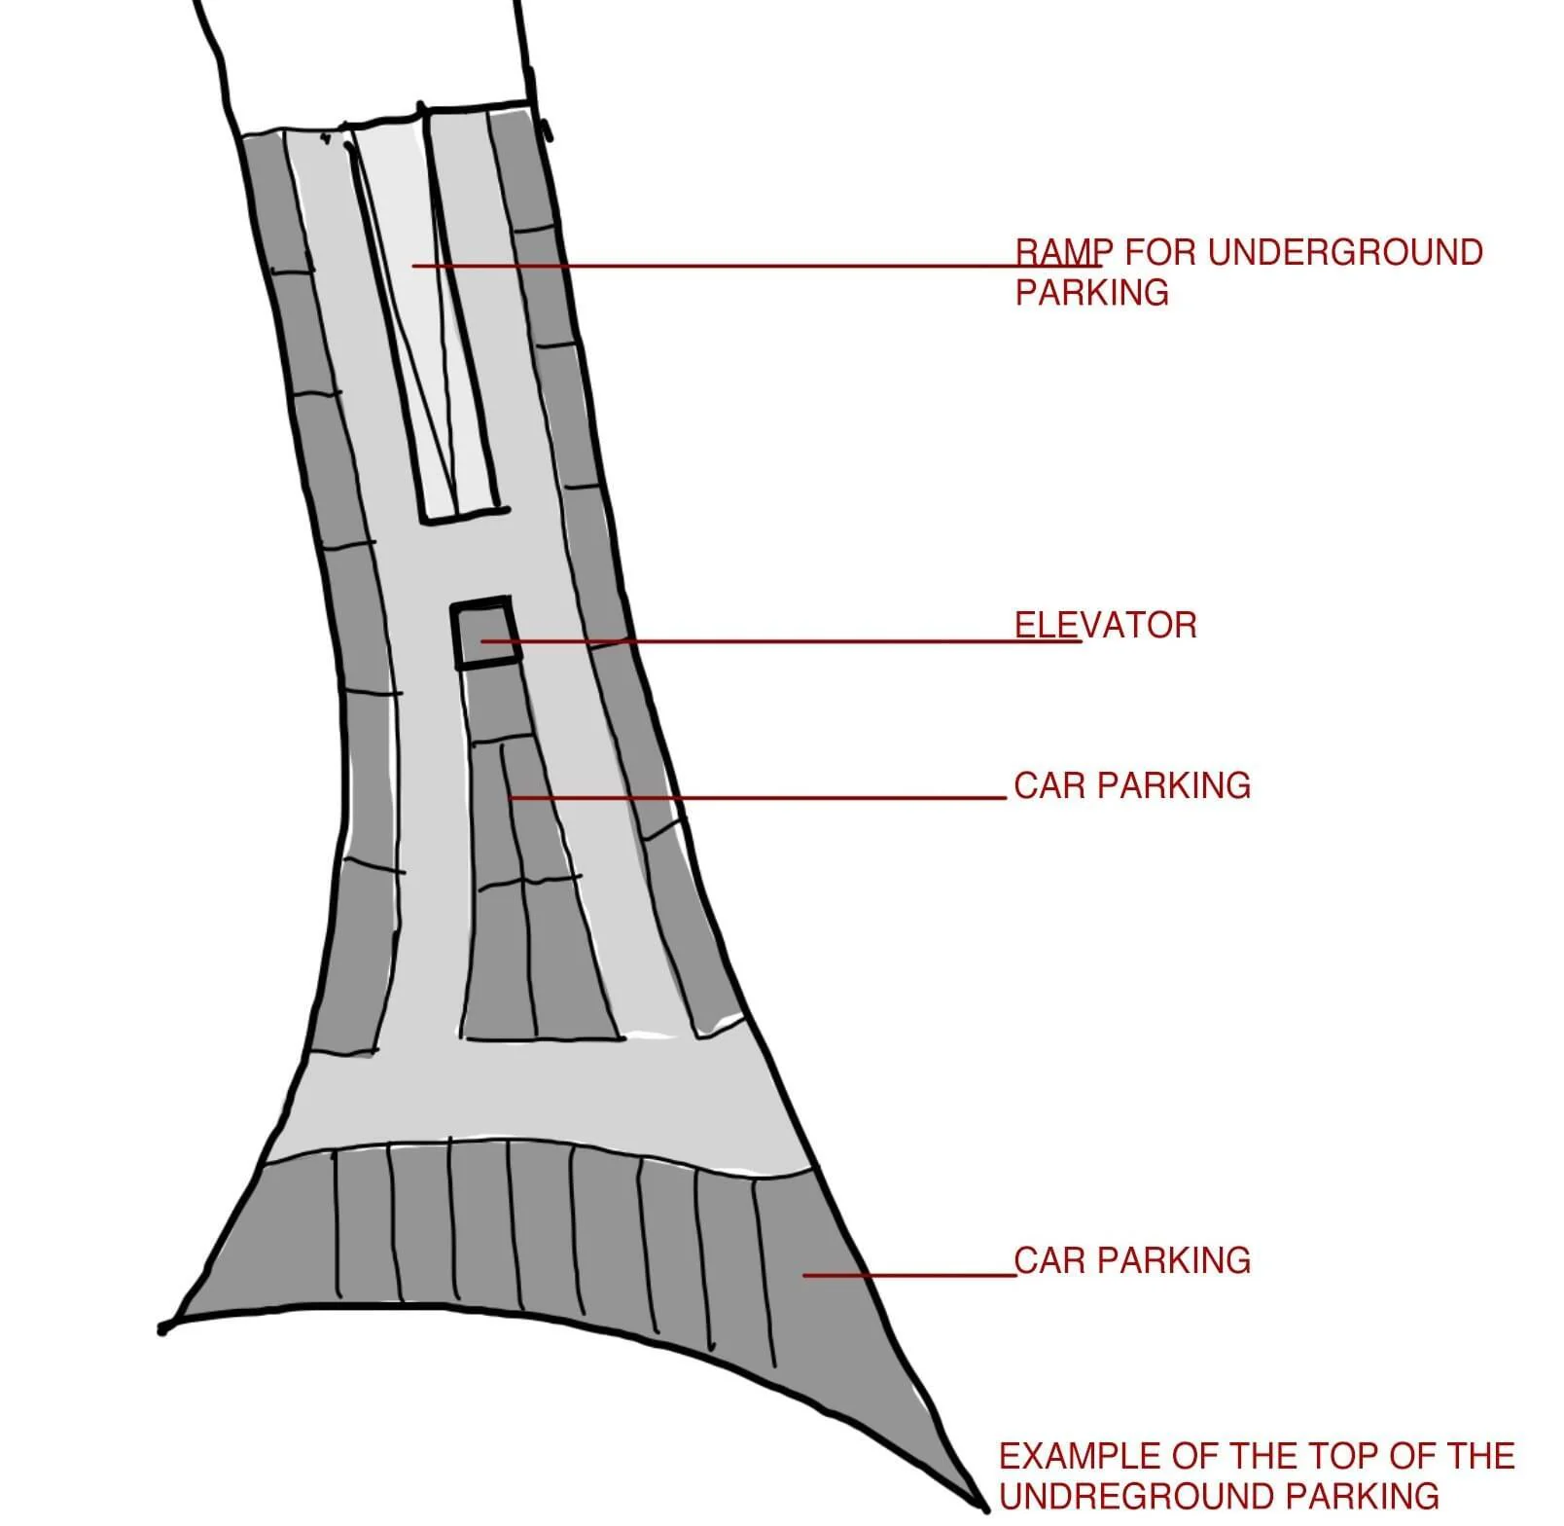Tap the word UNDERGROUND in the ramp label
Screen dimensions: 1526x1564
point(1345,252)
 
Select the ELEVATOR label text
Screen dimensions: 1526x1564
point(1106,625)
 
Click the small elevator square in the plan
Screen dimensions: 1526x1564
point(484,633)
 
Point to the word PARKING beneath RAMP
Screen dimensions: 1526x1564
point(1091,293)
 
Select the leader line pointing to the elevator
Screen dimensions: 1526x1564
point(778,641)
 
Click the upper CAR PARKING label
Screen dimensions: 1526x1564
point(1132,785)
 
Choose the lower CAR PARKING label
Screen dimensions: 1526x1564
point(1132,1260)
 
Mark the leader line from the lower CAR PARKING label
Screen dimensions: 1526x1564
point(909,1275)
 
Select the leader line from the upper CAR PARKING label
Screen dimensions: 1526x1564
point(759,798)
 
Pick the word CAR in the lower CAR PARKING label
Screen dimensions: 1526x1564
point(1050,1260)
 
